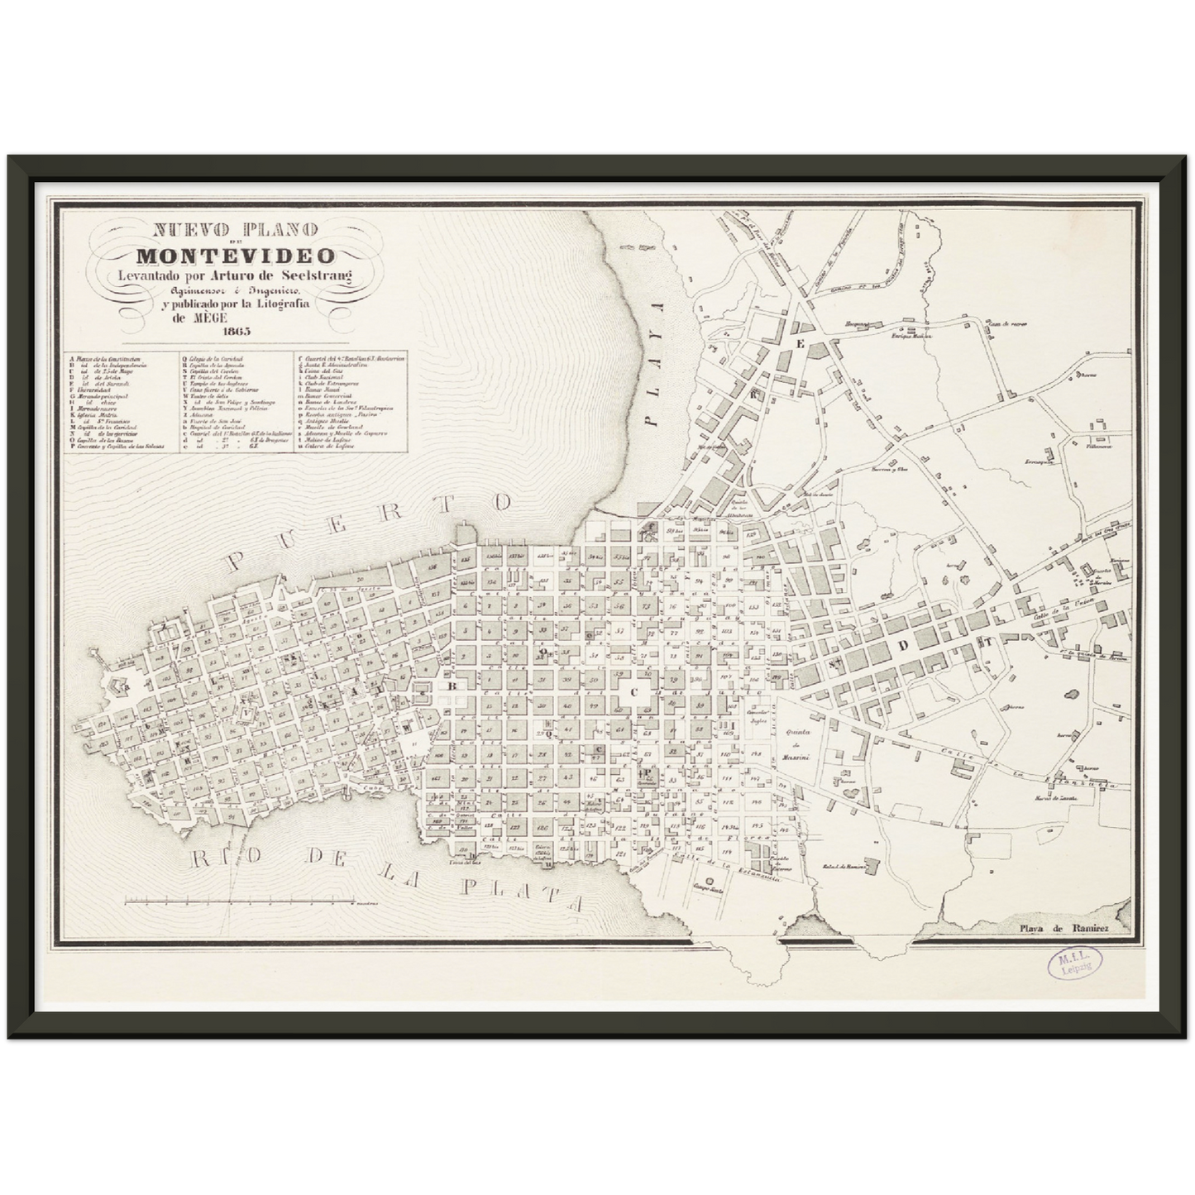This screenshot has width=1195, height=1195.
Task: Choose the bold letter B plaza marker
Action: [452, 686]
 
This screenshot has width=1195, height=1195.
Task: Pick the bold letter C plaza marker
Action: [635, 693]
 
